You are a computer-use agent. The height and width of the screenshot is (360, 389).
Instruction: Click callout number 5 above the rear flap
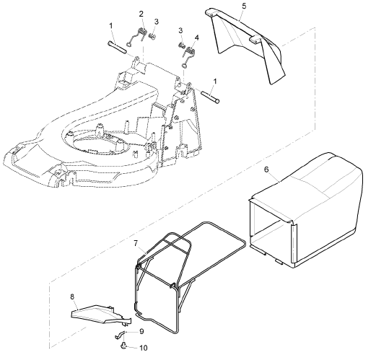click(244, 6)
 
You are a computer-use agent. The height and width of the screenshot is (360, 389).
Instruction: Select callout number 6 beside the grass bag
click(266, 170)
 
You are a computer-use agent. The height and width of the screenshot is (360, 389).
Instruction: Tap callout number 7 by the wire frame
click(136, 243)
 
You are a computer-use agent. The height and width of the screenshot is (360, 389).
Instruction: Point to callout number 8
click(72, 297)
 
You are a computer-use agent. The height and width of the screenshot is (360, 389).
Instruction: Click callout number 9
click(141, 331)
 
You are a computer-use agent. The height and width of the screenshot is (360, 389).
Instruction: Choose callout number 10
click(144, 348)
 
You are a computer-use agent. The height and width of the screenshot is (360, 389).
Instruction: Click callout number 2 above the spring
click(141, 14)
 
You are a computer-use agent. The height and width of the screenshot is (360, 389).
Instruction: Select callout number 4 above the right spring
click(197, 38)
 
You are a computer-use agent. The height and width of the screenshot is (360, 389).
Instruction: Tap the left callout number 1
click(111, 25)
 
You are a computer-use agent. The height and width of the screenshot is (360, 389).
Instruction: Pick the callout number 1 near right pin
click(215, 82)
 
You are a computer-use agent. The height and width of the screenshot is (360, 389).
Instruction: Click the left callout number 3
click(157, 22)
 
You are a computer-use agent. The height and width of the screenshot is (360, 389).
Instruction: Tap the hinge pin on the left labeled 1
click(118, 47)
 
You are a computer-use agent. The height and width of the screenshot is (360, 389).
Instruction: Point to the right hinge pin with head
click(210, 97)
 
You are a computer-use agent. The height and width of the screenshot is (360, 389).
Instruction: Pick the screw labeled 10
click(123, 346)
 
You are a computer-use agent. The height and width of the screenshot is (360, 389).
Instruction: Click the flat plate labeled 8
click(100, 315)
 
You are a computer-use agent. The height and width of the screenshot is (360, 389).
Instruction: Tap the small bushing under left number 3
click(152, 37)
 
